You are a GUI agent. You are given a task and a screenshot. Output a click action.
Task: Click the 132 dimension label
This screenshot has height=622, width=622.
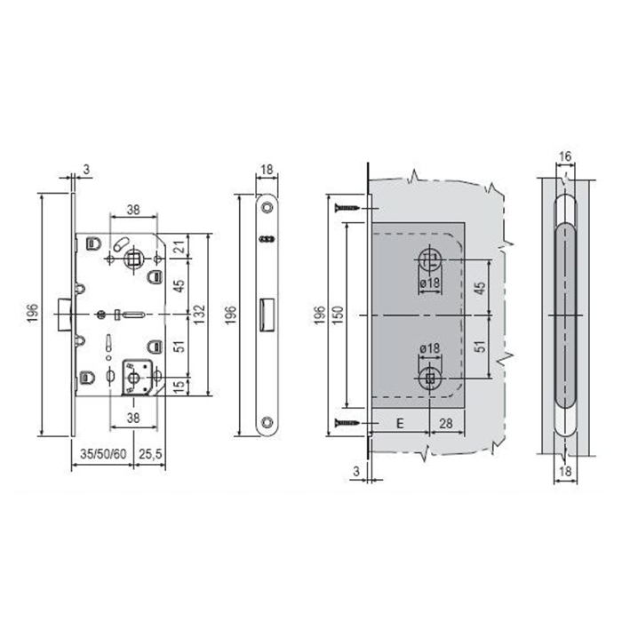coord(200,315)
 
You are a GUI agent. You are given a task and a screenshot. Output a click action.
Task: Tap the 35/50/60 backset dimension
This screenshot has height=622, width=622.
coord(103,454)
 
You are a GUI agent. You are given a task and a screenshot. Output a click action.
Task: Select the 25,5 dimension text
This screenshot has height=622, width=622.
coord(150,454)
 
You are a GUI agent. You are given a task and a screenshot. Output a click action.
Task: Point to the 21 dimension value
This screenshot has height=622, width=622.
coord(180,247)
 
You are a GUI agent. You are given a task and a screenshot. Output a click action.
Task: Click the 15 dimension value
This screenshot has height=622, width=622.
coord(180,387)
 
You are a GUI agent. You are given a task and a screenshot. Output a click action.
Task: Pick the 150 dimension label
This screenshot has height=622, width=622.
coord(338,315)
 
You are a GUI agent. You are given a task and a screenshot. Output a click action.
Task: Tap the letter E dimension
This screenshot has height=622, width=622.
coord(400,424)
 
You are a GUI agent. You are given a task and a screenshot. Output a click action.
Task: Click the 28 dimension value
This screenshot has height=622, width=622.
coord(446,424)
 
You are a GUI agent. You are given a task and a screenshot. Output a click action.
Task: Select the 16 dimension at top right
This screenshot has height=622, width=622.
coord(565,157)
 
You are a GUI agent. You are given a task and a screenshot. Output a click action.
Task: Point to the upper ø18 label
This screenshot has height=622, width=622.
coord(429,283)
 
